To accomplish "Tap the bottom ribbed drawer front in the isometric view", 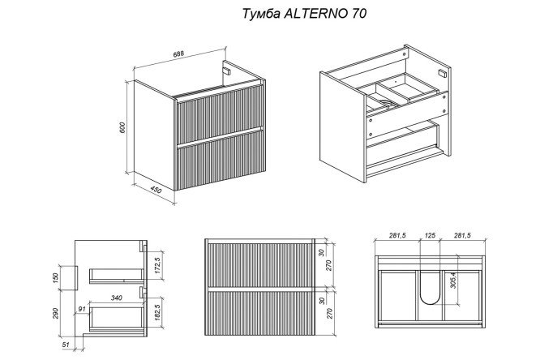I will tap(221, 162).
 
